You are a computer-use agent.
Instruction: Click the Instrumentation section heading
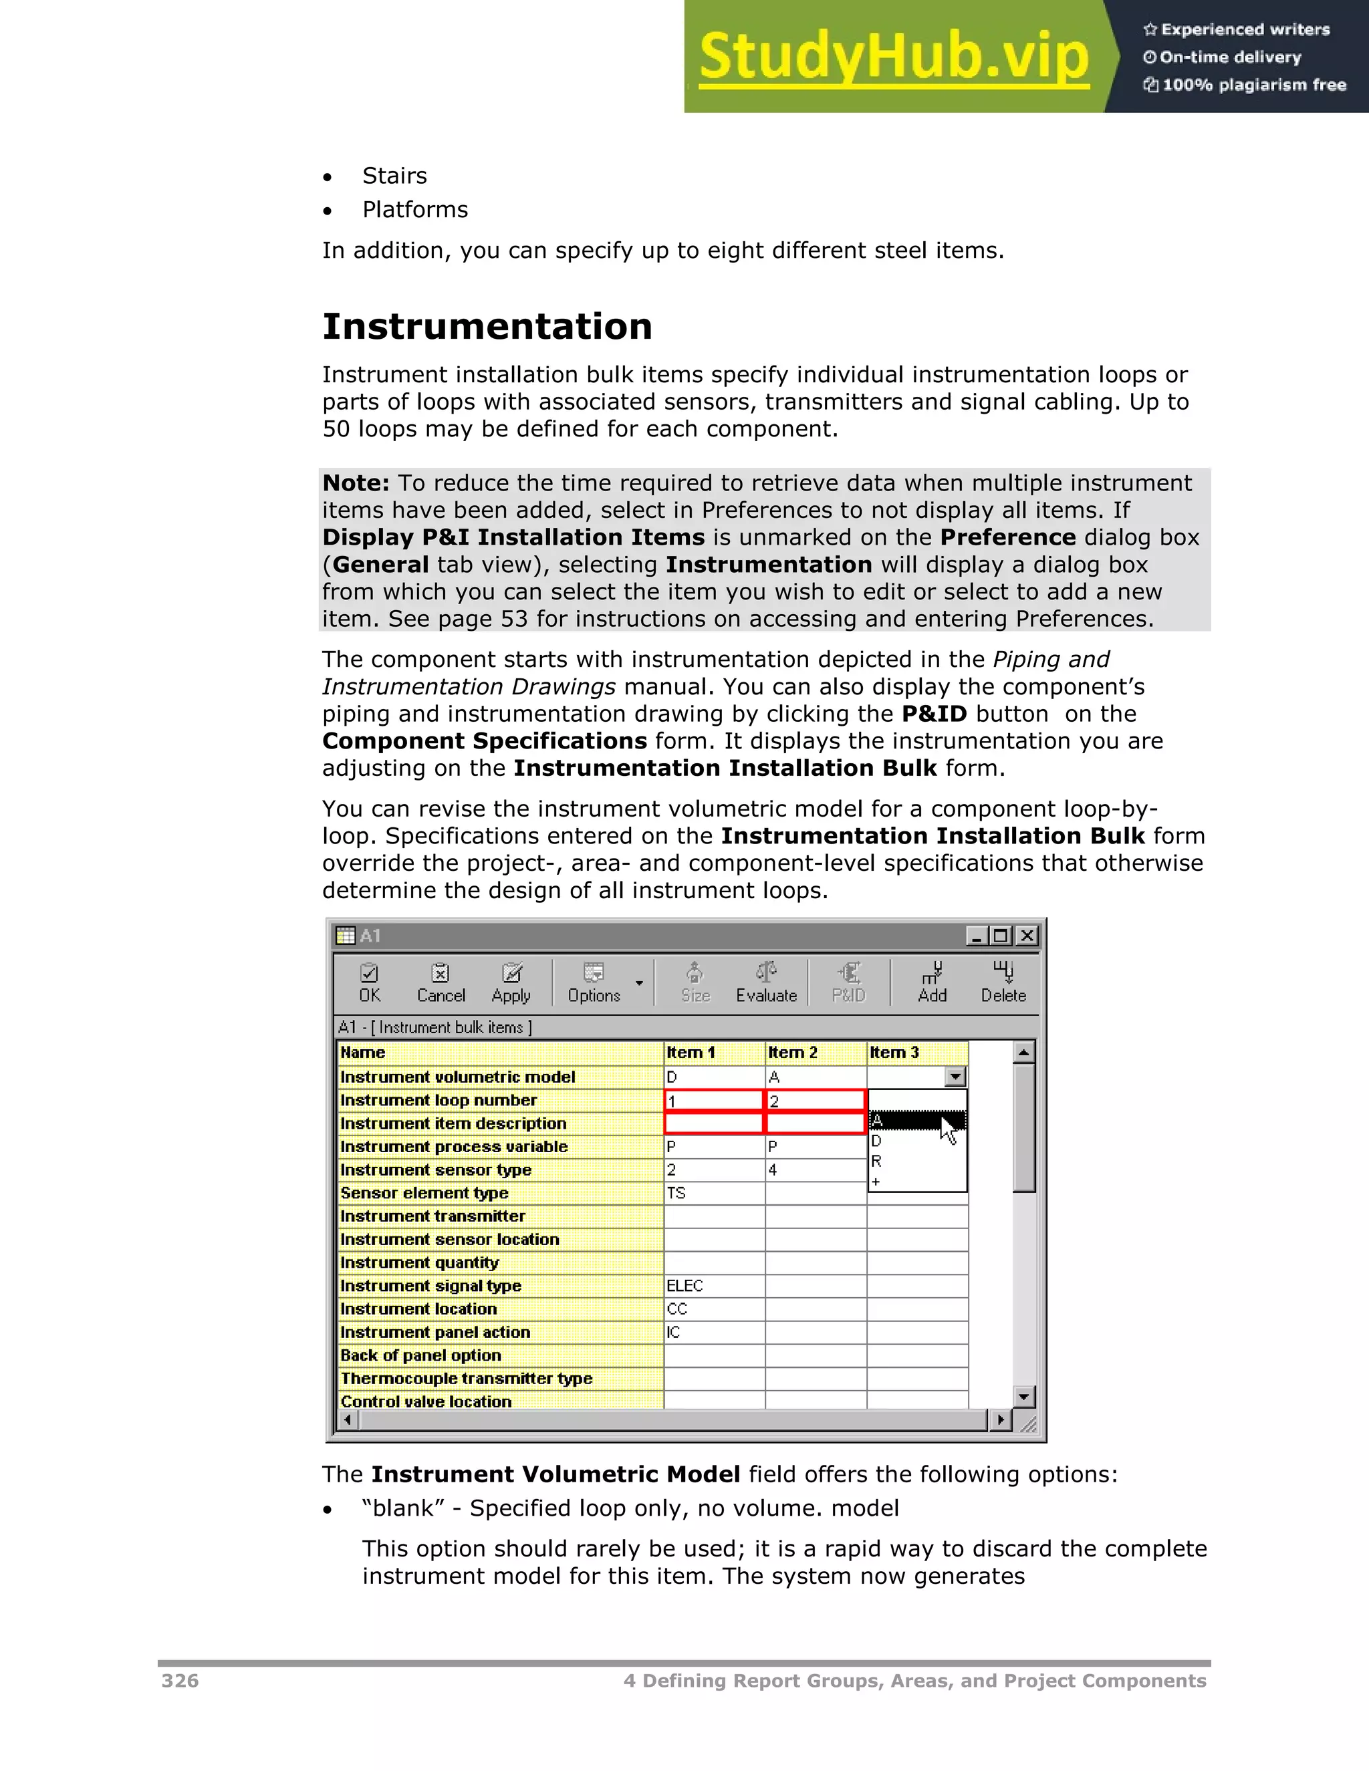pyautogui.click(x=487, y=327)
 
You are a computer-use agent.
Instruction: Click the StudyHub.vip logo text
pyautogui.click(x=893, y=57)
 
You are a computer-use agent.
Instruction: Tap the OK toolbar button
pyautogui.click(x=369, y=983)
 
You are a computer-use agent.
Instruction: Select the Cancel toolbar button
pyautogui.click(x=441, y=983)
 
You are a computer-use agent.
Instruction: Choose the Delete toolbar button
pyautogui.click(x=1003, y=983)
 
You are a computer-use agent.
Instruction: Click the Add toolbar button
pyautogui.click(x=932, y=983)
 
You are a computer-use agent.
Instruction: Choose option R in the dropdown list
pyautogui.click(x=877, y=1162)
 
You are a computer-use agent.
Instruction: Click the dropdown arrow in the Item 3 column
pyautogui.click(x=955, y=1077)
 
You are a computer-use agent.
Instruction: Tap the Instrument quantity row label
pyautogui.click(x=419, y=1262)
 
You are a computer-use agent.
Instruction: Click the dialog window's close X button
pyautogui.click(x=1027, y=936)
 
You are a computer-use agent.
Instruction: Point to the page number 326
pyautogui.click(x=180, y=1681)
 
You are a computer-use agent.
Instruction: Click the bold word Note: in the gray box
pyautogui.click(x=355, y=483)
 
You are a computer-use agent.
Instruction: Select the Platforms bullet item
pyautogui.click(x=414, y=210)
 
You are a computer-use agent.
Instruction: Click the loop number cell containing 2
pyautogui.click(x=814, y=1101)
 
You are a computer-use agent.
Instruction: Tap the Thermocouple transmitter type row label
pyautogui.click(x=467, y=1379)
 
